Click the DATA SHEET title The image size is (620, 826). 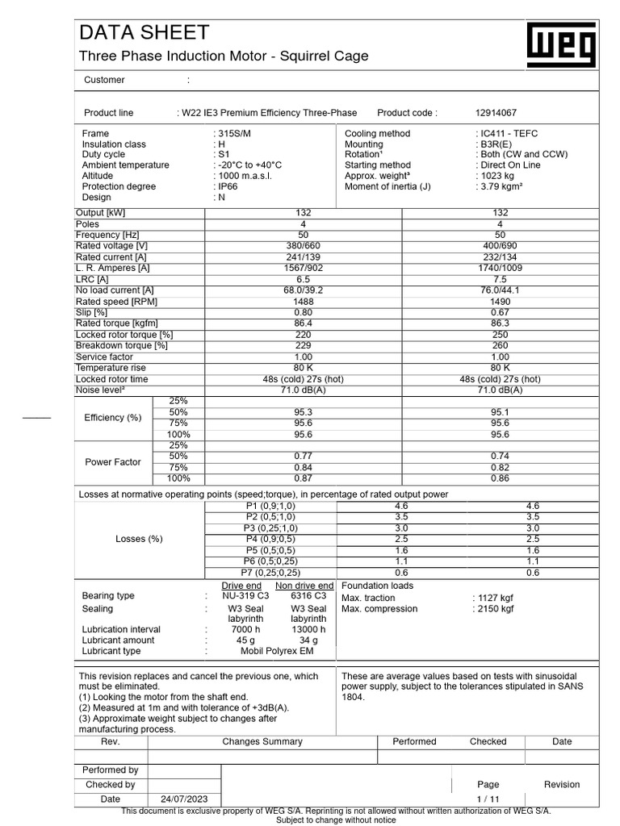(x=144, y=32)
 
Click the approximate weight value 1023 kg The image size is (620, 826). (x=498, y=175)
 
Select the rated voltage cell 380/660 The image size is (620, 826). (x=304, y=245)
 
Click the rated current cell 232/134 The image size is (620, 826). (x=500, y=257)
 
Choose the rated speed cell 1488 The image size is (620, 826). (x=304, y=301)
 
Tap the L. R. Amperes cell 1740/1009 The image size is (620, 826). (x=500, y=267)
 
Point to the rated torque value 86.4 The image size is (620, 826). (x=304, y=323)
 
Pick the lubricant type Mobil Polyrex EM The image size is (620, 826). (x=274, y=651)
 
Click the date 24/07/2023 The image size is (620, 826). (x=184, y=799)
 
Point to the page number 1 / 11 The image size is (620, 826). (x=488, y=799)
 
